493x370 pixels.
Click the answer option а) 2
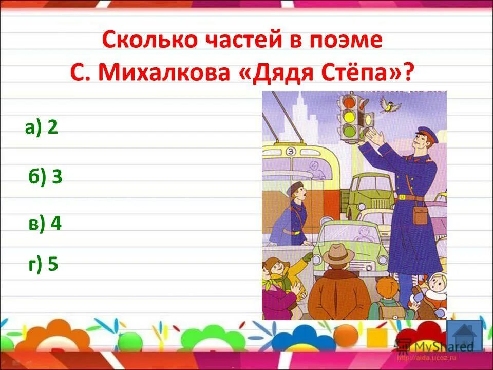click(x=41, y=127)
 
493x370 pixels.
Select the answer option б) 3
click(x=45, y=177)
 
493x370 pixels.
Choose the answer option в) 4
click(x=45, y=224)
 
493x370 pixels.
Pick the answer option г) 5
click(x=44, y=264)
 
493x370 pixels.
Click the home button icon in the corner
click(x=464, y=335)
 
